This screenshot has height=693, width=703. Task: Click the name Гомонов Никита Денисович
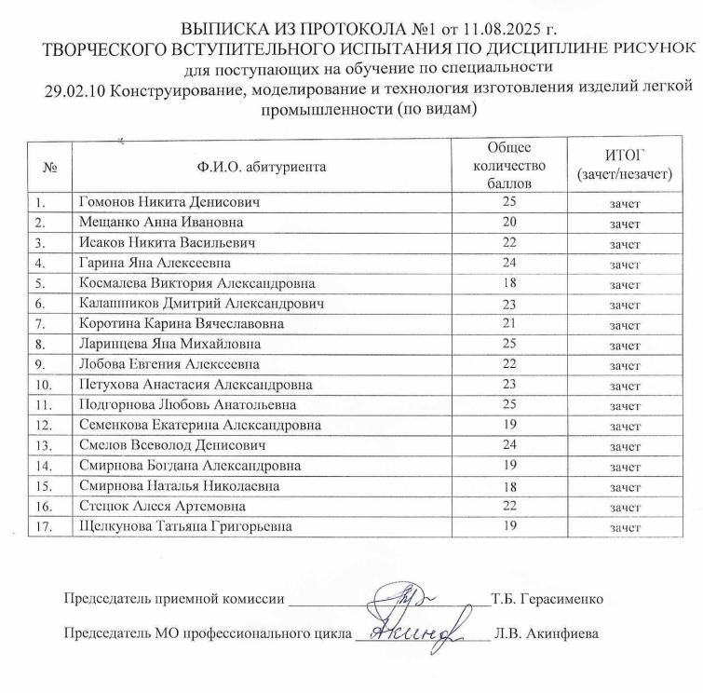pyautogui.click(x=169, y=202)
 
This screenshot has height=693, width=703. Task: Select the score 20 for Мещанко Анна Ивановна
pyautogui.click(x=508, y=223)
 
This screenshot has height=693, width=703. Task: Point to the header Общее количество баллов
pyautogui.click(x=508, y=166)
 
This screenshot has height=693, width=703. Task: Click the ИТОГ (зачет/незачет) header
pyautogui.click(x=624, y=165)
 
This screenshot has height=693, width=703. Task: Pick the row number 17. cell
pyautogui.click(x=41, y=527)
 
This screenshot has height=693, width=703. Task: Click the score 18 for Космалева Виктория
pyautogui.click(x=508, y=283)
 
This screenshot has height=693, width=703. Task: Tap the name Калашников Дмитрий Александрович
pyautogui.click(x=202, y=304)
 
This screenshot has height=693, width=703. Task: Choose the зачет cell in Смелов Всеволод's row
pyautogui.click(x=624, y=446)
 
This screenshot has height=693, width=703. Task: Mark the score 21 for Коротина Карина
pyautogui.click(x=508, y=324)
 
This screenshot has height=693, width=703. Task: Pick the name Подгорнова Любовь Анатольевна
pyautogui.click(x=189, y=405)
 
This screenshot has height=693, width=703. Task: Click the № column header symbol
pyautogui.click(x=50, y=169)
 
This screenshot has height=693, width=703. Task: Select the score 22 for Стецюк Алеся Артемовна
pyautogui.click(x=508, y=507)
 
